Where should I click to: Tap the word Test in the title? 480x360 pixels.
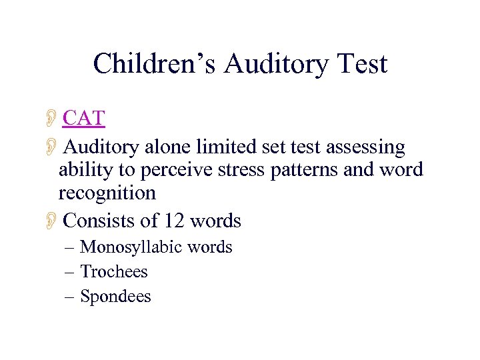coord(360,64)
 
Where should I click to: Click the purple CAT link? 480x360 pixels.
coord(84,119)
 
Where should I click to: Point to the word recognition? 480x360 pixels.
coord(107,193)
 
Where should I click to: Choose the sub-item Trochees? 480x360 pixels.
coord(113,271)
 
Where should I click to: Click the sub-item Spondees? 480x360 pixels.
coord(115,296)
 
